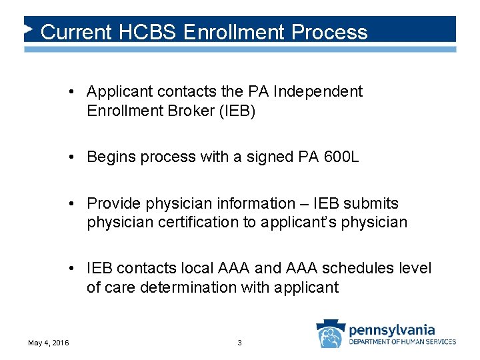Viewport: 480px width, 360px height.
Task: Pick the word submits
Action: pos(370,203)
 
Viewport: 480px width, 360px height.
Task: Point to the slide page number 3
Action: pos(240,343)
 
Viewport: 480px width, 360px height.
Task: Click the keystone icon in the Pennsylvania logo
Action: pos(331,333)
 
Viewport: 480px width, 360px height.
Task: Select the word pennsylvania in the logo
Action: pos(391,329)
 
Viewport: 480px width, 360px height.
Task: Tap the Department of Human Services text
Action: pos(402,341)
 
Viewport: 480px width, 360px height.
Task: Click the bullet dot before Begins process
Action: pos(77,157)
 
